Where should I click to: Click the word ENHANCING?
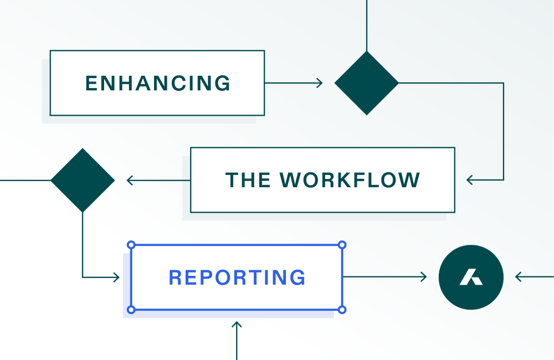[158, 83]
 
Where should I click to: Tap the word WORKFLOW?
[350, 180]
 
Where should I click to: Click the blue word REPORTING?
[237, 277]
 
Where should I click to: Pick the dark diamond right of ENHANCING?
[367, 83]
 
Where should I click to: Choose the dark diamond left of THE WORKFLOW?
[83, 180]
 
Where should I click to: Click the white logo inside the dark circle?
[470, 277]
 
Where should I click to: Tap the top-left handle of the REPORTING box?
[131, 244]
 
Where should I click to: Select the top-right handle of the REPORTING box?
[342, 244]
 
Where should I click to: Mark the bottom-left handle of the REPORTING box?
[131, 310]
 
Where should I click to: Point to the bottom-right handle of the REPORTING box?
[342, 310]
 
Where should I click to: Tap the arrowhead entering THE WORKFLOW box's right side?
[470, 180]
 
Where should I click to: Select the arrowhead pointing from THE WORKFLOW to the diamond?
[130, 180]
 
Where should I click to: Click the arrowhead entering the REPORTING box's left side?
[116, 277]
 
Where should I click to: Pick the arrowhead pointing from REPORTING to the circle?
[424, 277]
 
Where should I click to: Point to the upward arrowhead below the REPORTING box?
[237, 325]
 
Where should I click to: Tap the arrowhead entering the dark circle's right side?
[519, 277]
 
